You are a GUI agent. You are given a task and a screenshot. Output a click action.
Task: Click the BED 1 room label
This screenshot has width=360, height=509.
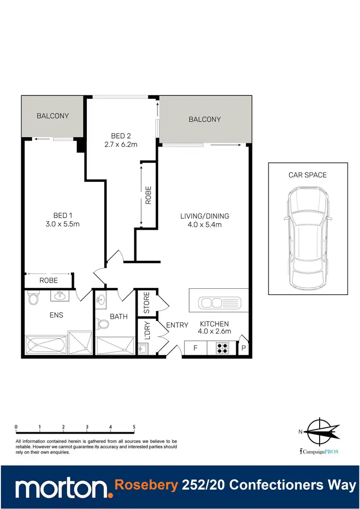(63, 215)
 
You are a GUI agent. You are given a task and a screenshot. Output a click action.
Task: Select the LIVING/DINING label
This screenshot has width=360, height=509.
(204, 215)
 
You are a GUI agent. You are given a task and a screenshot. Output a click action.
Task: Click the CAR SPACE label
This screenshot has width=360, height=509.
(307, 175)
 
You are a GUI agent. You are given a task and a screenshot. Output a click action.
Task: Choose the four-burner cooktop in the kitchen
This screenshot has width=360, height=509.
(222, 348)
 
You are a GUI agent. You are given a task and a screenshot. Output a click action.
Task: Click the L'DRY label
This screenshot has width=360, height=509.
(147, 330)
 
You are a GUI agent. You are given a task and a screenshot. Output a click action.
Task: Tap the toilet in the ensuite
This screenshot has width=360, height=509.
(34, 299)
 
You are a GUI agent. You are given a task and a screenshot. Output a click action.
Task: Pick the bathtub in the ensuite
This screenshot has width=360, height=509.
(46, 344)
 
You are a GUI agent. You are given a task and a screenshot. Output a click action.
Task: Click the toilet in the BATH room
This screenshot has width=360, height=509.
(102, 324)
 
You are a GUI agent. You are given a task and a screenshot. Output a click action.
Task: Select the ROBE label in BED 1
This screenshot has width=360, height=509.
(48, 280)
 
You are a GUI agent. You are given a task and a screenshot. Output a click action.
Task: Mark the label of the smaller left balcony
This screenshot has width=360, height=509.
(53, 116)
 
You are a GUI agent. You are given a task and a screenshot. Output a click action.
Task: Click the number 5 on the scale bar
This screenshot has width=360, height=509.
(134, 426)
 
